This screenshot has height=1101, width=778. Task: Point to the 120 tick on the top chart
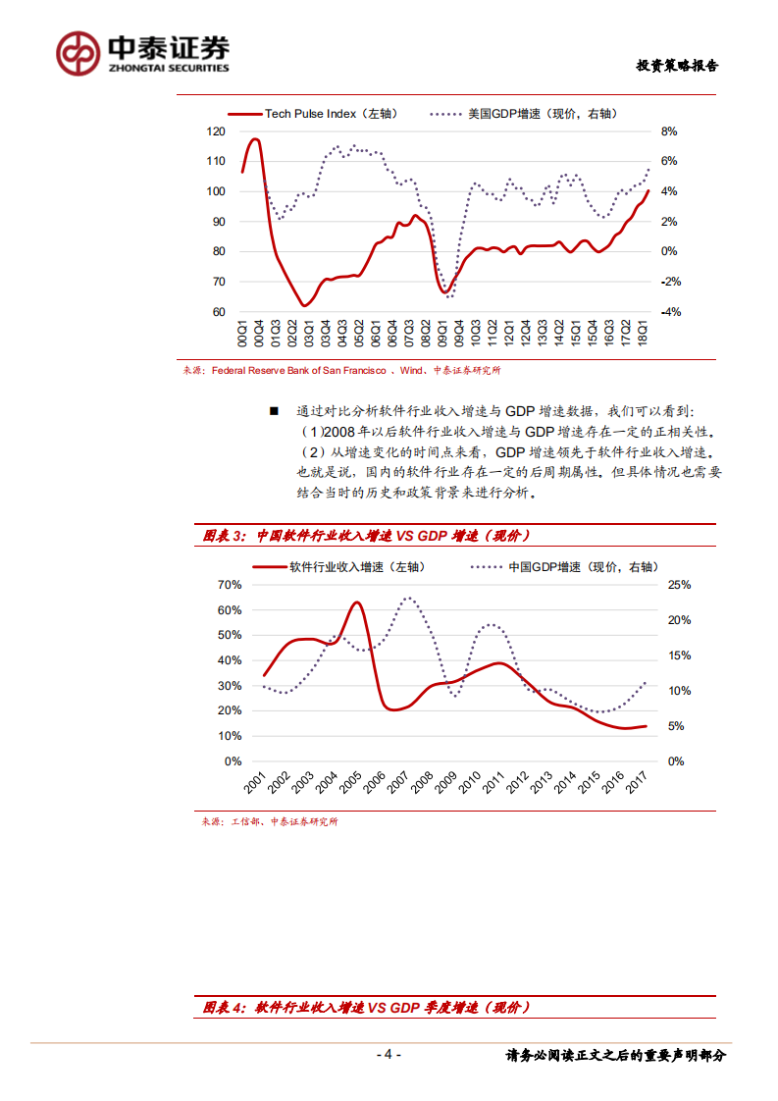coord(217,131)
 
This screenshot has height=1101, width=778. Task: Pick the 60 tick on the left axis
coord(219,312)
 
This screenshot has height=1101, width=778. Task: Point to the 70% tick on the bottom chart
coord(229,585)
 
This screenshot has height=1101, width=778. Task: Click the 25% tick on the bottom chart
coord(679,585)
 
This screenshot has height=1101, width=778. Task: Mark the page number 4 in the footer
coord(389,1055)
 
